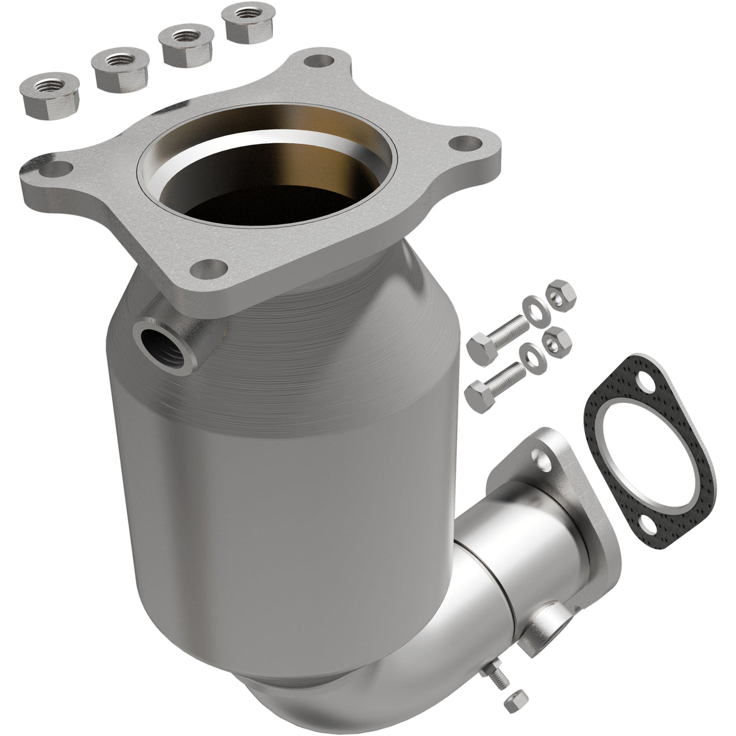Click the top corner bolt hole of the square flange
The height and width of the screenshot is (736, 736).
tap(318, 61)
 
